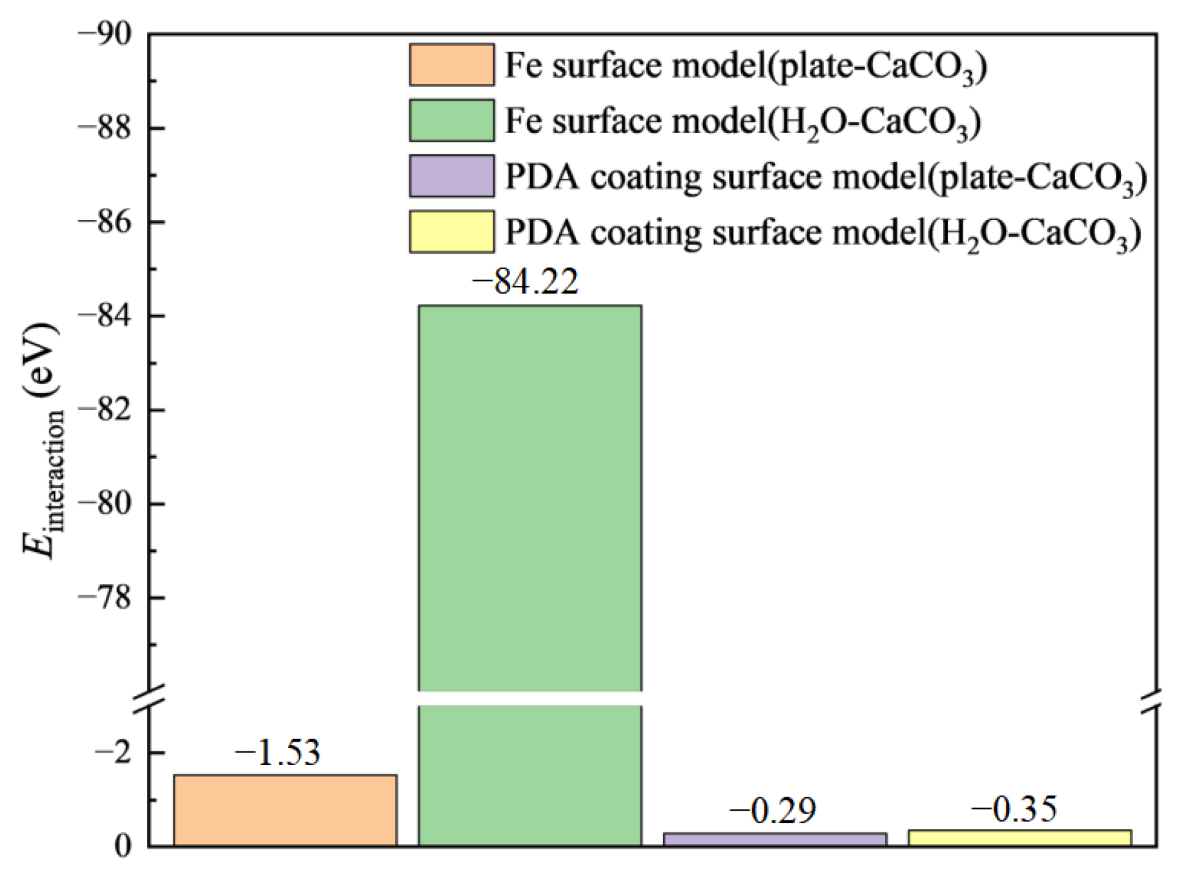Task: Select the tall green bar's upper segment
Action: click(x=529, y=497)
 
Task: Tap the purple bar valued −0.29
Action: click(x=774, y=838)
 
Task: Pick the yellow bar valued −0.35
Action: click(x=1019, y=837)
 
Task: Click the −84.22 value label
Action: click(x=525, y=281)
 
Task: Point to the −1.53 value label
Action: click(x=277, y=753)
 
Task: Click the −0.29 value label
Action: click(x=772, y=810)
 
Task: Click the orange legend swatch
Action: click(x=451, y=65)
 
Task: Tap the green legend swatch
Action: click(x=451, y=120)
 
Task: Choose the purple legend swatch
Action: click(x=451, y=176)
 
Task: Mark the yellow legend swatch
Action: click(x=451, y=231)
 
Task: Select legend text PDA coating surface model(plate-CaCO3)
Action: click(x=825, y=177)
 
